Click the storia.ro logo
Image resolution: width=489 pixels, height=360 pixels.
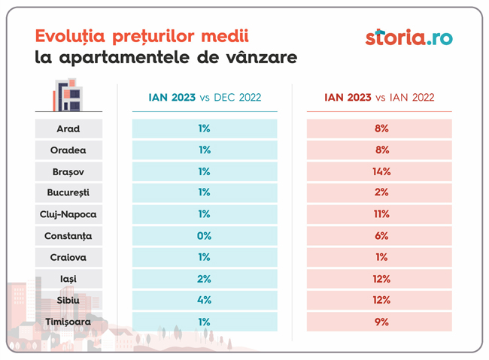pyautogui.click(x=409, y=38)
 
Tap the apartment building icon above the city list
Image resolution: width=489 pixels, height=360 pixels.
pyautogui.click(x=68, y=95)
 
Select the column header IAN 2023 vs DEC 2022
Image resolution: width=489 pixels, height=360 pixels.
pyautogui.click(x=205, y=98)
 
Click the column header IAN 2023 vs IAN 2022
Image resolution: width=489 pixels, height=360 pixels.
pyautogui.click(x=379, y=98)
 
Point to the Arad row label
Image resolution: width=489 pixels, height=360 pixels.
pyautogui.click(x=68, y=129)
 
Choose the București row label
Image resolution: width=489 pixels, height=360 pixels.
pyautogui.click(x=68, y=192)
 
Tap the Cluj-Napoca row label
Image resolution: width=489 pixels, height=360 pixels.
pyautogui.click(x=68, y=214)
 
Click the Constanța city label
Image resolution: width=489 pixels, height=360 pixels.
pyautogui.click(x=68, y=236)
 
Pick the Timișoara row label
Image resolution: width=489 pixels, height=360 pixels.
pyautogui.click(x=68, y=322)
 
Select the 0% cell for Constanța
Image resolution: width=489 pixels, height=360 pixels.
pyautogui.click(x=205, y=236)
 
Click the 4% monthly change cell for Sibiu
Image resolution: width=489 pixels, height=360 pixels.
pyautogui.click(x=205, y=300)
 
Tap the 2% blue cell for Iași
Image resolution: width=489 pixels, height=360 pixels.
pyautogui.click(x=205, y=279)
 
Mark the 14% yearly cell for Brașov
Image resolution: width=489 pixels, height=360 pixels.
pyautogui.click(x=379, y=171)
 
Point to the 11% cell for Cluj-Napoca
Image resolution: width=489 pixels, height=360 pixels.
pyautogui.click(x=379, y=214)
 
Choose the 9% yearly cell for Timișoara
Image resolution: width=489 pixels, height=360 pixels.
pyautogui.click(x=379, y=322)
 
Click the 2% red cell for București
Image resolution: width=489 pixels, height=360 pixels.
pyautogui.click(x=379, y=192)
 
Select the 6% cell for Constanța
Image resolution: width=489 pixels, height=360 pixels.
pyautogui.click(x=379, y=236)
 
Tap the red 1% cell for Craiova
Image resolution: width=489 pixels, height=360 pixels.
pyautogui.click(x=379, y=257)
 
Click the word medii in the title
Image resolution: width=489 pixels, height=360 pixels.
pyautogui.click(x=225, y=36)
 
